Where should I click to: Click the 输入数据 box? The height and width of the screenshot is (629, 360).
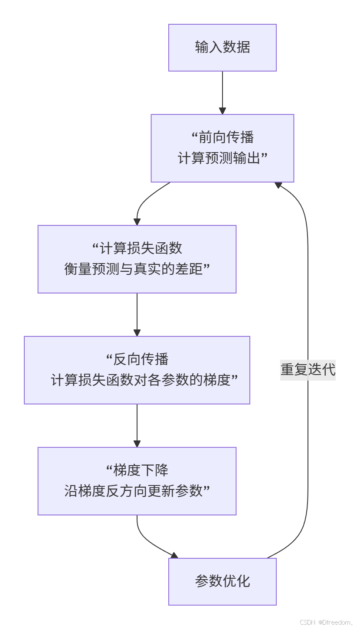point(222,47)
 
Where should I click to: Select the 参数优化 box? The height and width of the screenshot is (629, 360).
point(222,581)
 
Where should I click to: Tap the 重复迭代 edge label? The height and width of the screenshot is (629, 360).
point(308,370)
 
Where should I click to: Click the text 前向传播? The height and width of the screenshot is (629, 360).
point(226,137)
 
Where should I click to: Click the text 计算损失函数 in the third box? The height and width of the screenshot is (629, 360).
point(141,248)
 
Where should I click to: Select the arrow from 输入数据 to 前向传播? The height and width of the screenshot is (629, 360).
point(223,92)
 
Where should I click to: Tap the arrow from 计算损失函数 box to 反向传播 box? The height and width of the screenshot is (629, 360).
point(137,314)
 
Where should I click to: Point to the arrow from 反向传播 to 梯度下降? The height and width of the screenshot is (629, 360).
point(137,425)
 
